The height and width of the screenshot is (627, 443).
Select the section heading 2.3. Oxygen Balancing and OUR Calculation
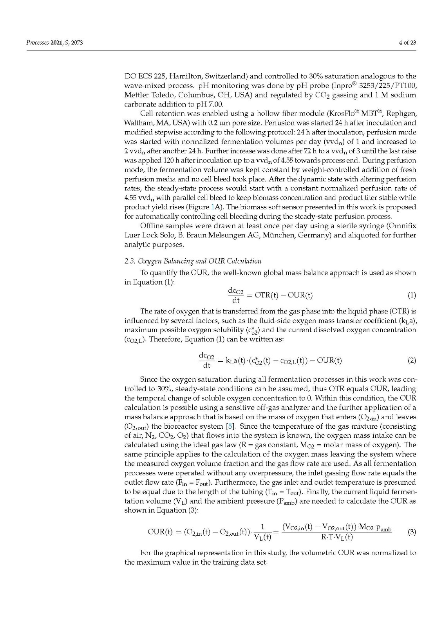pyautogui.click(x=193, y=261)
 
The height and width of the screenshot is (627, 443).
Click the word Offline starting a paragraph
pyautogui.click(x=152, y=226)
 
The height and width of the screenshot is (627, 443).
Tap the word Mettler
pyautogui.click(x=137, y=95)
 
